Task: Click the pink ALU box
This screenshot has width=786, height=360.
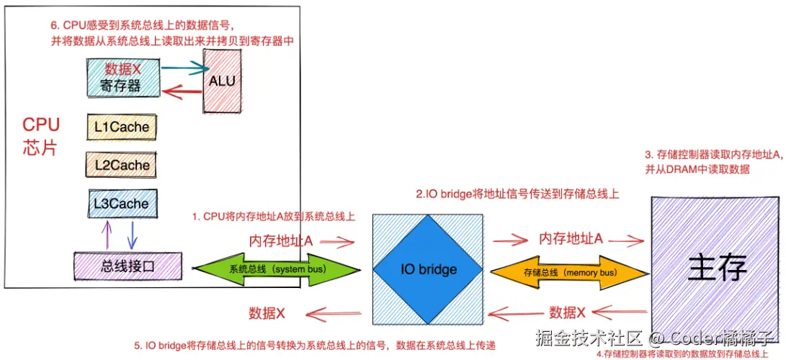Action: pyautogui.click(x=221, y=81)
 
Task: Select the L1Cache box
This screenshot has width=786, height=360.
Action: pyautogui.click(x=122, y=127)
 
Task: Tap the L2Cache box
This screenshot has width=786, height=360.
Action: pyautogui.click(x=122, y=165)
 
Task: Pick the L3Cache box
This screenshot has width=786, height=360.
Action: pyautogui.click(x=121, y=204)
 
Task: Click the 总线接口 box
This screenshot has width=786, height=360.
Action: pyautogui.click(x=128, y=266)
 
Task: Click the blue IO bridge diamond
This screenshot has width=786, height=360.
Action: pyautogui.click(x=428, y=269)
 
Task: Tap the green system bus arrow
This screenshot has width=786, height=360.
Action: pyautogui.click(x=277, y=269)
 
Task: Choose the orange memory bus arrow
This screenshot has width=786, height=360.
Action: pyautogui.click(x=568, y=272)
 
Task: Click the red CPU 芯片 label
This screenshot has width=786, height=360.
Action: pyautogui.click(x=41, y=135)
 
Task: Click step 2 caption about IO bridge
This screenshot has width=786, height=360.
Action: pyautogui.click(x=517, y=194)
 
